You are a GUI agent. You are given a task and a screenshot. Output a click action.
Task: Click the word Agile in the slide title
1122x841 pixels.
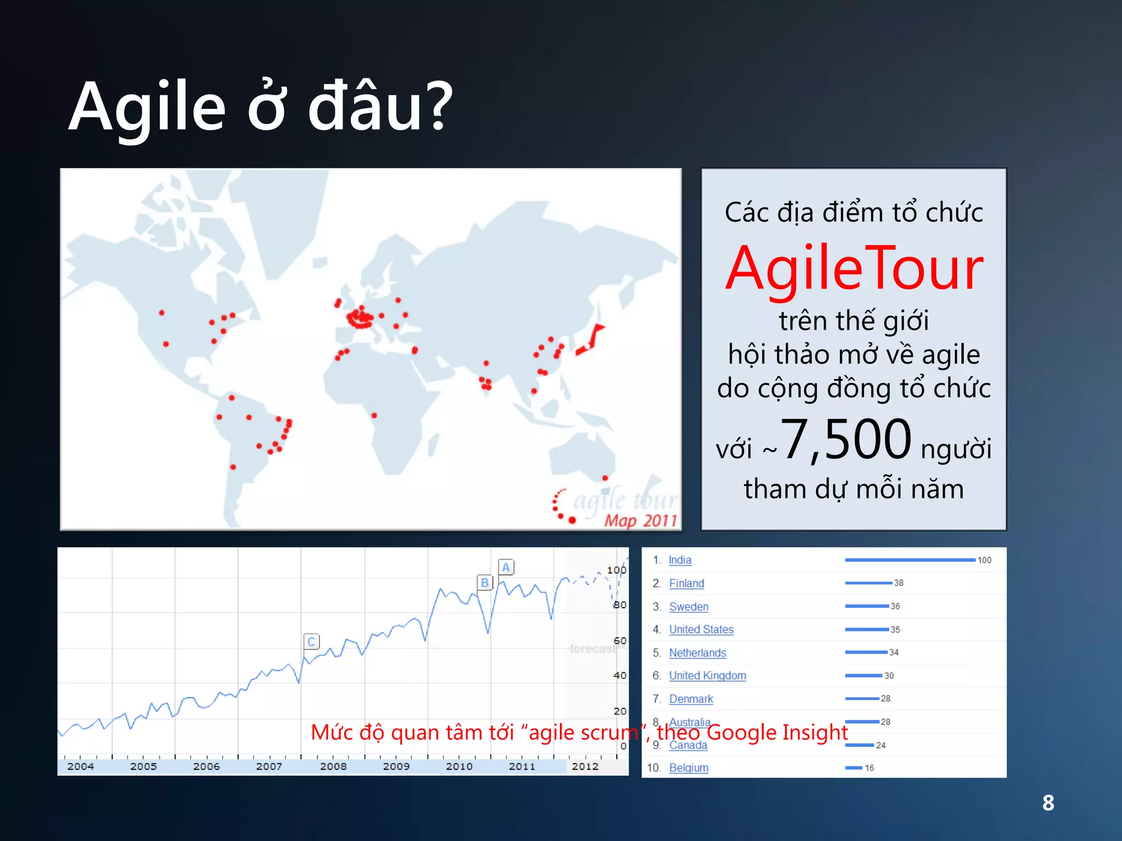(x=147, y=107)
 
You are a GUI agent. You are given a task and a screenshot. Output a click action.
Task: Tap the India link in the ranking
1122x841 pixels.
(x=680, y=560)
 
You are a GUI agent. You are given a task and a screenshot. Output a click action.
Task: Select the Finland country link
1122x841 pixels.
(x=686, y=584)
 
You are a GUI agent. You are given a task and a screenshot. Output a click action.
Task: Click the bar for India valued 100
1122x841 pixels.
(x=909, y=560)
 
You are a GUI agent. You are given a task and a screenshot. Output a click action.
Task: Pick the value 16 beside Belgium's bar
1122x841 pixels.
(x=869, y=768)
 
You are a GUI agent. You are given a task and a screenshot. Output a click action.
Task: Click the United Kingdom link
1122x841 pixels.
(x=707, y=676)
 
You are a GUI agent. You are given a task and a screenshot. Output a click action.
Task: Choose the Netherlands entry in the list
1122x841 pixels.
(x=697, y=653)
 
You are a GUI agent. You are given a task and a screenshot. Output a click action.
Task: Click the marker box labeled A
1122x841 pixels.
(x=506, y=567)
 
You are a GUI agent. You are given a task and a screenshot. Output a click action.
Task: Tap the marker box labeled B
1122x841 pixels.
(x=484, y=583)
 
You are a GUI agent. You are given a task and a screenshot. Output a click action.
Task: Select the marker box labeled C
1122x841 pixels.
(x=311, y=641)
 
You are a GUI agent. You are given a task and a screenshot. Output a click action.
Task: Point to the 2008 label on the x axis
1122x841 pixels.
(x=333, y=767)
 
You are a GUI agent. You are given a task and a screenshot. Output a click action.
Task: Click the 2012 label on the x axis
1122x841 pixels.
(x=585, y=767)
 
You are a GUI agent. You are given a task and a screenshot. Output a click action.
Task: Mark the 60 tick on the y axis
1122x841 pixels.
(x=620, y=641)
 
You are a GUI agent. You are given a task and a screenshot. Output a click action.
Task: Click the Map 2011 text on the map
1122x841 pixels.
(x=640, y=520)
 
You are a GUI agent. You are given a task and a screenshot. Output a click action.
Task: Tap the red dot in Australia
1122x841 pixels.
(x=605, y=478)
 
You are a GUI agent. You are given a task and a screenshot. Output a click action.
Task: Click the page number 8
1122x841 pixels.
(x=1048, y=803)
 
